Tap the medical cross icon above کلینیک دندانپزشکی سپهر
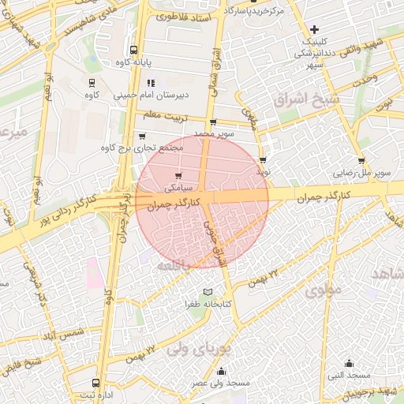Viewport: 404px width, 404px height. [x=314, y=29]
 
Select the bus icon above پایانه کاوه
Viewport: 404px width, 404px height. [x=133, y=49]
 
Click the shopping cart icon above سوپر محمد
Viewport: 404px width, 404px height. [x=213, y=122]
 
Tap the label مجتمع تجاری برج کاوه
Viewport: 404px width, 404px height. [x=142, y=148]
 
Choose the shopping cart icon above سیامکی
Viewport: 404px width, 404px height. [x=178, y=176]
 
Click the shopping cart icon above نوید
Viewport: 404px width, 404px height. [x=262, y=159]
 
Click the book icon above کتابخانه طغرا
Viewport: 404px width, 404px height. [x=208, y=292]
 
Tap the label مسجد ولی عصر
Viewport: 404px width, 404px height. [x=220, y=383]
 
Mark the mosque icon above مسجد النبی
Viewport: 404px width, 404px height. [x=350, y=364]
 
